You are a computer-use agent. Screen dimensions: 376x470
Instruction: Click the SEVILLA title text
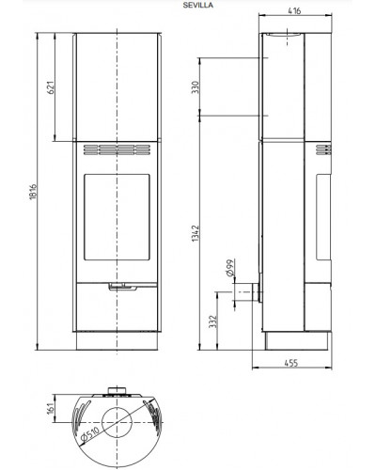[198, 5]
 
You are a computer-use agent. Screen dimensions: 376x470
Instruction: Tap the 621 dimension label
[51, 87]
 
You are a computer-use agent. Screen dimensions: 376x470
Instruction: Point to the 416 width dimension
[294, 10]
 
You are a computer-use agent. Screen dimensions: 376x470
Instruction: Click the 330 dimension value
[196, 87]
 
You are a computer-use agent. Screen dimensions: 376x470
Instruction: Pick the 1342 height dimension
[196, 233]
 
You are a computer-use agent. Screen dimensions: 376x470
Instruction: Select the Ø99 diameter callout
[230, 267]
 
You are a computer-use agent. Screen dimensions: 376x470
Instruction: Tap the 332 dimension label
[213, 321]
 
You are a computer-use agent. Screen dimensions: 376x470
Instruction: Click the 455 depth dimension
[291, 363]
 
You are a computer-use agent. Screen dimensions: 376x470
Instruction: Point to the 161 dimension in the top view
[51, 409]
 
